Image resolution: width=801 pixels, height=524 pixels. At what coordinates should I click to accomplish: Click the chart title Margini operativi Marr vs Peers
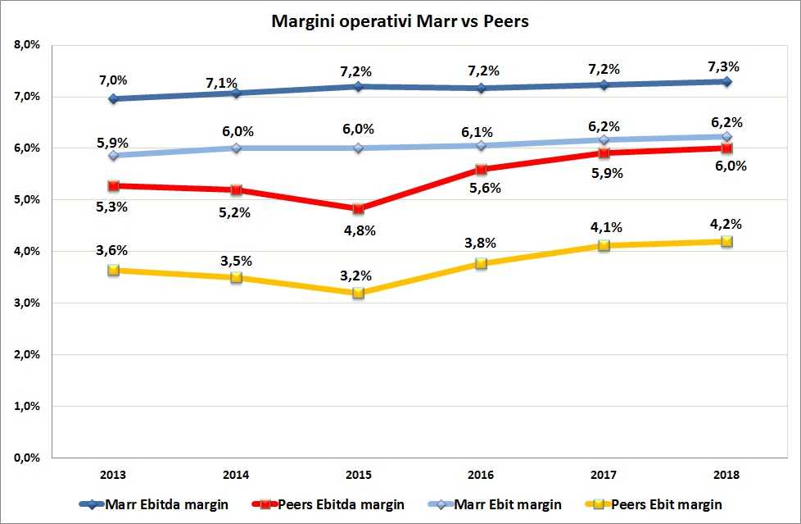click(400, 22)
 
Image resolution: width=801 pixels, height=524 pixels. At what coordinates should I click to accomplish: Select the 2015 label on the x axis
click(358, 474)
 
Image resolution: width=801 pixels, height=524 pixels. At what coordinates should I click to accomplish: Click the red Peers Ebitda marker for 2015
click(358, 208)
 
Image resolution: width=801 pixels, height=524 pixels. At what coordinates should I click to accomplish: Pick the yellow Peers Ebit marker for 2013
click(113, 270)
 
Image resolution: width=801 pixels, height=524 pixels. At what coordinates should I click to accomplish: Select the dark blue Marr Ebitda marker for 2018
click(726, 81)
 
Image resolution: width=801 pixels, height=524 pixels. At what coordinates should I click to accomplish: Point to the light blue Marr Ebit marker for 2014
click(236, 148)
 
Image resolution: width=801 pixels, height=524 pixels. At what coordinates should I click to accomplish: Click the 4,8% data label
click(358, 230)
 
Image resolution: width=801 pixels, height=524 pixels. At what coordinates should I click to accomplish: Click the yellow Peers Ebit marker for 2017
click(604, 244)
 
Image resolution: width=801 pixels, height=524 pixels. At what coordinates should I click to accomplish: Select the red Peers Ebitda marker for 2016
click(481, 169)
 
